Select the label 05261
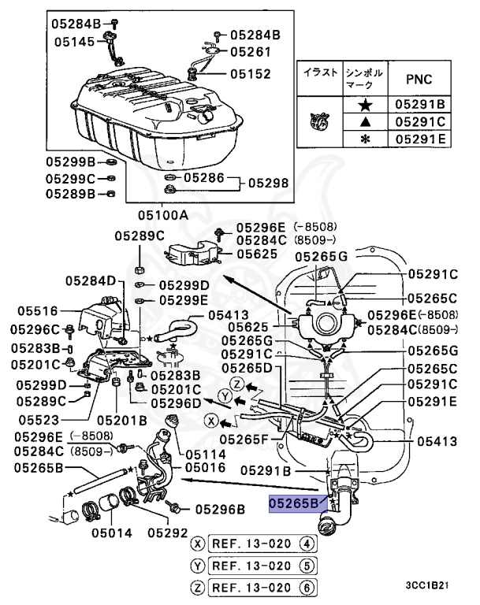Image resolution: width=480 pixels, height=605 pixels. pyautogui.click(x=250, y=52)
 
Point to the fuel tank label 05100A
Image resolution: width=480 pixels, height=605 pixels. pyautogui.click(x=162, y=214)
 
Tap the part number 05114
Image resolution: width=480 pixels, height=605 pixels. pyautogui.click(x=207, y=455)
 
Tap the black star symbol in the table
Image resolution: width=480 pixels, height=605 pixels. pyautogui.click(x=364, y=103)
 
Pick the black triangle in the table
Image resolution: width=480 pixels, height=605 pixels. pyautogui.click(x=364, y=121)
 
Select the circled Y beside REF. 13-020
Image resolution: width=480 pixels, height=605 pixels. pyautogui.click(x=198, y=565)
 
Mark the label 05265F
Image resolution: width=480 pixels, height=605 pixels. pyautogui.click(x=245, y=437)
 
